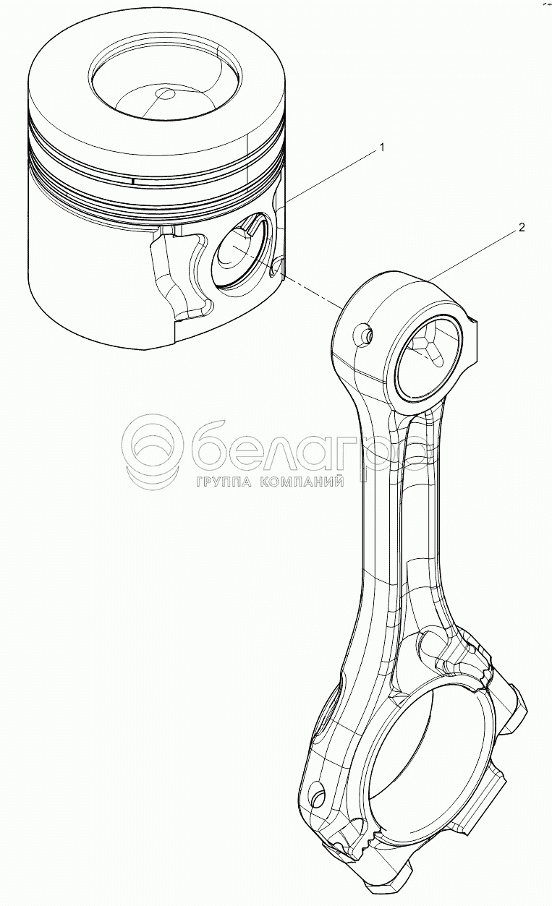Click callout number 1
point(381,148)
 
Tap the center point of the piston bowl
point(166,93)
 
